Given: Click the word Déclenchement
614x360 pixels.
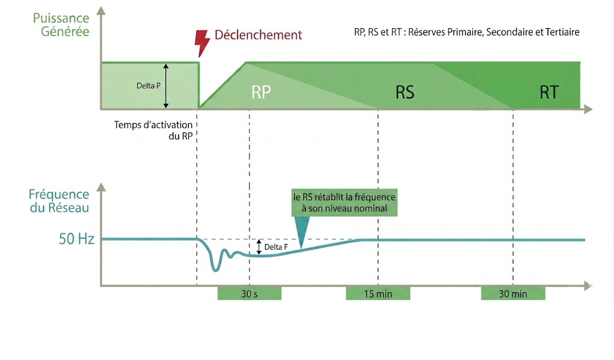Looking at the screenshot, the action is [x=258, y=35].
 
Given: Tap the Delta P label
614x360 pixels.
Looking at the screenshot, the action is [x=149, y=86].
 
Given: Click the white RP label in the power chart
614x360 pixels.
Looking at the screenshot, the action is [x=261, y=92].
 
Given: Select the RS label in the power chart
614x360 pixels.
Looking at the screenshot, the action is [x=405, y=92].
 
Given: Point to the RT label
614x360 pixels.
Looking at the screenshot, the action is [x=549, y=92].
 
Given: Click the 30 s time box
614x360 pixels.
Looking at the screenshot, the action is [x=249, y=293].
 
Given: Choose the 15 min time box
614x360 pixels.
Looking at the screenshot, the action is [x=378, y=293].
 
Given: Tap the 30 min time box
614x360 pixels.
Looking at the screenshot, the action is [x=513, y=293].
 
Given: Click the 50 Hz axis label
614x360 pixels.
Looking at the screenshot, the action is [x=76, y=239].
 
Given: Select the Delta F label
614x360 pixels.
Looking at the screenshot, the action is [x=276, y=247].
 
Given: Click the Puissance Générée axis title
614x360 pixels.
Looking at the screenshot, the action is [x=61, y=24].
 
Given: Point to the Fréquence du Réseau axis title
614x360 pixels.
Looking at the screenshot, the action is [x=59, y=200].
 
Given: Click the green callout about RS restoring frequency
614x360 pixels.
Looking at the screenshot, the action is [x=345, y=203].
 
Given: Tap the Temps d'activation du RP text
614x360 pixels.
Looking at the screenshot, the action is [x=153, y=130].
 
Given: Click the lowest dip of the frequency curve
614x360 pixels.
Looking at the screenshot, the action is [x=215, y=270].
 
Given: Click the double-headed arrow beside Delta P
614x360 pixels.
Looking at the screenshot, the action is [x=166, y=86].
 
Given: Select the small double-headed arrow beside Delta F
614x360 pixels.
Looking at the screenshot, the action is [x=259, y=247].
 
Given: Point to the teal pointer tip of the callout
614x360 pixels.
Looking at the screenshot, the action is [x=301, y=248].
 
